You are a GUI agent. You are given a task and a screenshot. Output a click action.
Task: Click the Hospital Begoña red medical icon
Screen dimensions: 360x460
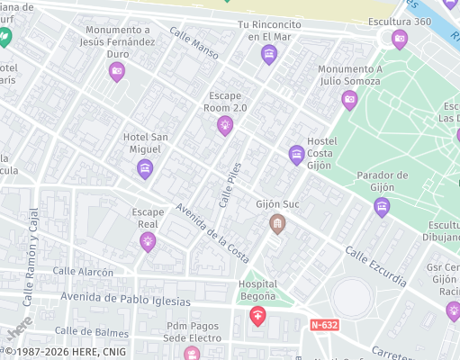point(258,316)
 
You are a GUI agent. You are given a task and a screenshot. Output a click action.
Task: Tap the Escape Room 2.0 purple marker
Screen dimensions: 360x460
point(224,127)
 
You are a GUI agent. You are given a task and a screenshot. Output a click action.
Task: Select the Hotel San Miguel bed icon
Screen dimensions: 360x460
point(145,168)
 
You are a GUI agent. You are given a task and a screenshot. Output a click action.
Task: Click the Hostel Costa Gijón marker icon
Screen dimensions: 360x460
point(296,155)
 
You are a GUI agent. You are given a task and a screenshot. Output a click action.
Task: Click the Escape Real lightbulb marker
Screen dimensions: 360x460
point(148,241)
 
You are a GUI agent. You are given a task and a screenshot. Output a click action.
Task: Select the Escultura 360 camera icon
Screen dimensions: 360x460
point(400,39)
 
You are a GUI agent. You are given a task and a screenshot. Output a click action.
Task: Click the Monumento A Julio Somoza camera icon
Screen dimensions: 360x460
point(350,100)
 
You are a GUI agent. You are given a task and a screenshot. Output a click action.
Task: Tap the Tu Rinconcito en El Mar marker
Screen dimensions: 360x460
point(268,56)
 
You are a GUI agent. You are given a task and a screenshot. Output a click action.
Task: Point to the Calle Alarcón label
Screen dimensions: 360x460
point(83,271)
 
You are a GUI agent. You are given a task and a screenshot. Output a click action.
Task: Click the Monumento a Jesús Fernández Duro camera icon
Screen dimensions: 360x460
point(116,72)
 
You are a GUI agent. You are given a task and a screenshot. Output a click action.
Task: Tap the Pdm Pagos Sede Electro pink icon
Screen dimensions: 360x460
point(192,353)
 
